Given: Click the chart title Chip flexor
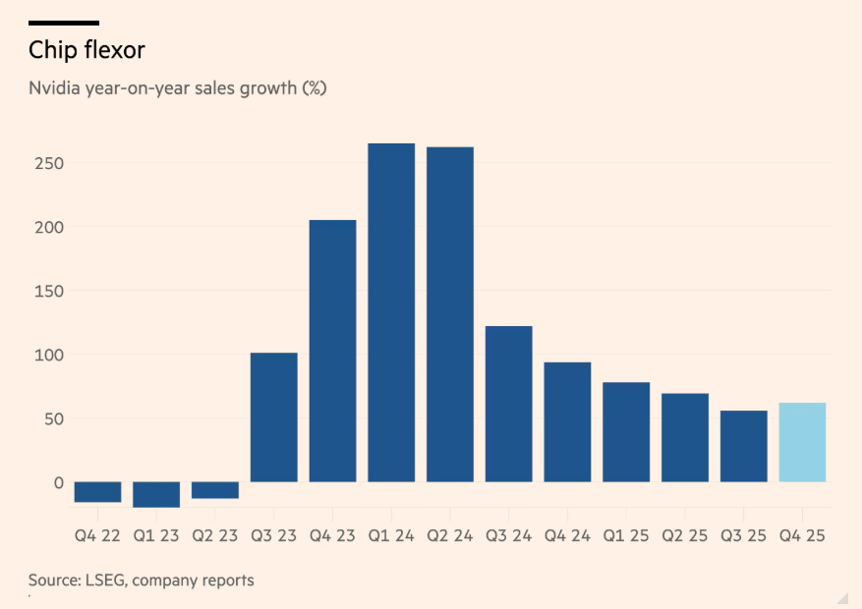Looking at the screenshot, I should (x=86, y=51).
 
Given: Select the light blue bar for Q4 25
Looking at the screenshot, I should (x=802, y=442).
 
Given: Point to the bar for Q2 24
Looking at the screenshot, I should (x=450, y=314).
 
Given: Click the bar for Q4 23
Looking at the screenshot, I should (x=332, y=351).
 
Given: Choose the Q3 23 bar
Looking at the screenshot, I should (x=273, y=416).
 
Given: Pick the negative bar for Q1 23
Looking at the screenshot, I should (x=156, y=494).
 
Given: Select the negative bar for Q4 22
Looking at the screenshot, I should (x=97, y=492).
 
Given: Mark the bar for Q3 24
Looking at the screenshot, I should (x=508, y=404).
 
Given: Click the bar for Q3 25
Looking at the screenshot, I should (x=743, y=446).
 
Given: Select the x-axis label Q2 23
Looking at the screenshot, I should (x=214, y=536).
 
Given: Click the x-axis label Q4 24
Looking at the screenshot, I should (x=567, y=536).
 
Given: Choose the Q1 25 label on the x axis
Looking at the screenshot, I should (x=626, y=536).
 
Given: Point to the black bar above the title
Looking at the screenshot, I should (x=64, y=22).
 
